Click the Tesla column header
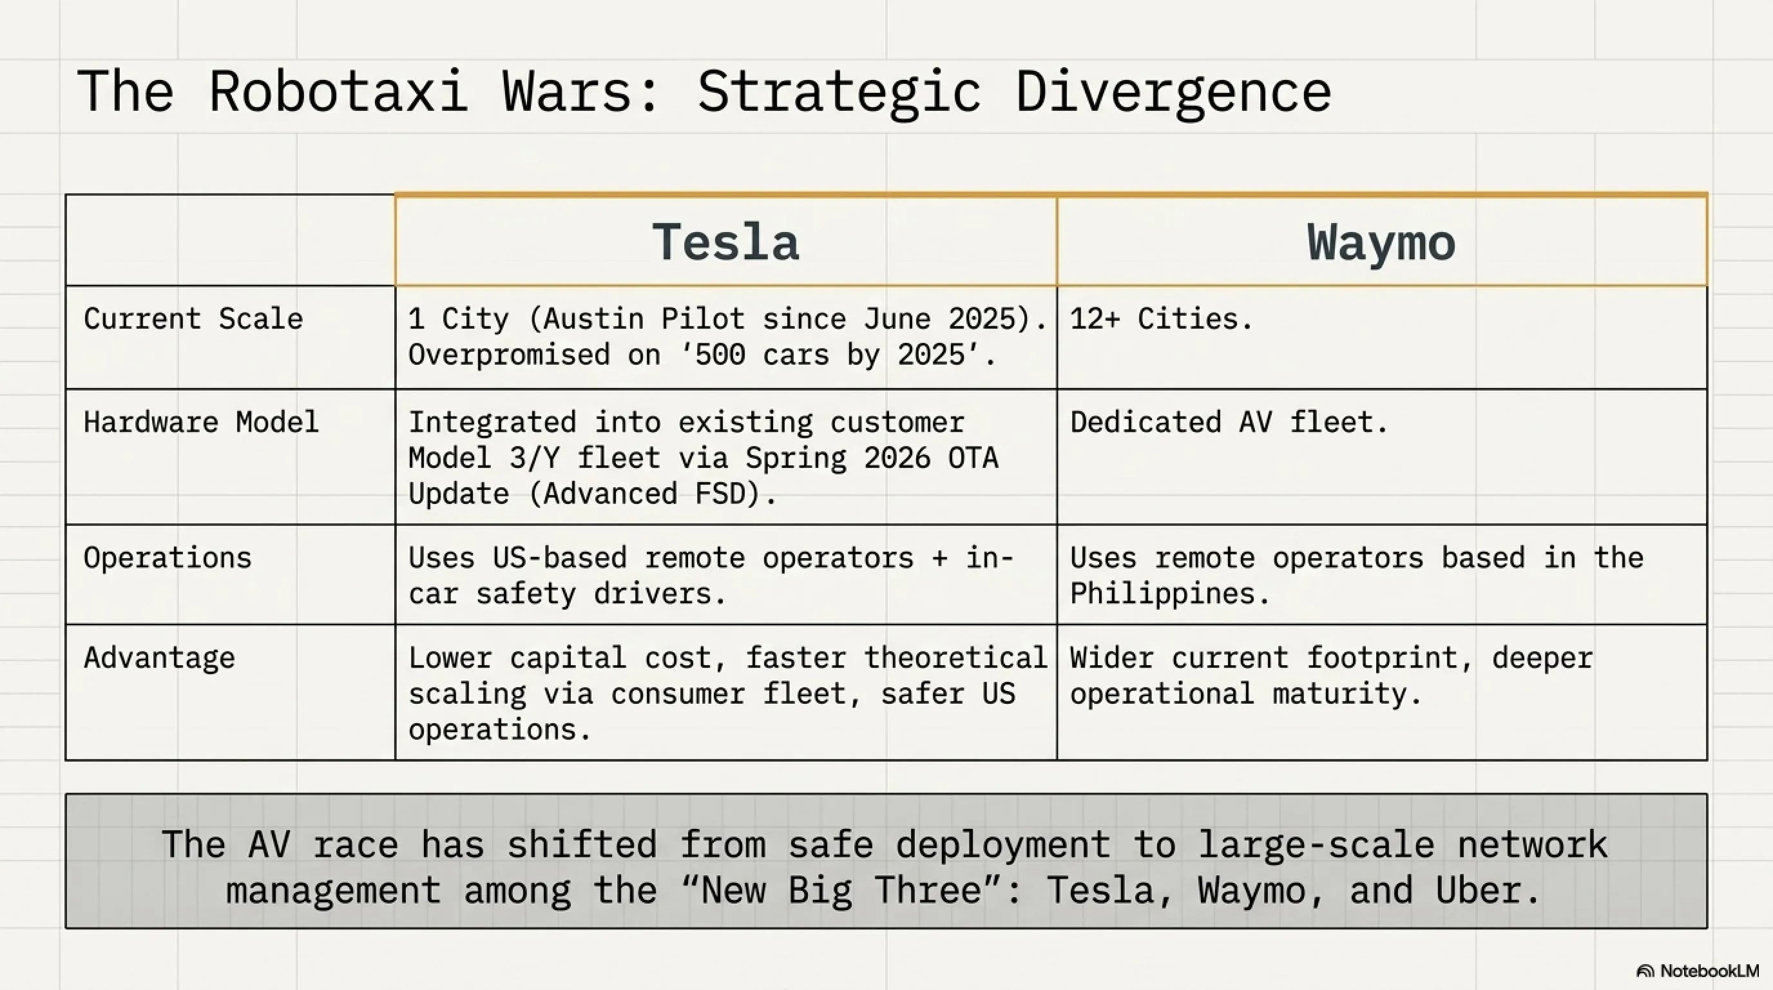(x=725, y=242)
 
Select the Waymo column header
(x=1381, y=242)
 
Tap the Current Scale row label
(x=193, y=319)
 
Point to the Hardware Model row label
(x=201, y=422)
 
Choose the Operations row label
(x=168, y=558)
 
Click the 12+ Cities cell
(x=1161, y=319)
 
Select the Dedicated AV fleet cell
(x=1229, y=422)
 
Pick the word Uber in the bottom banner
(x=1488, y=890)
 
